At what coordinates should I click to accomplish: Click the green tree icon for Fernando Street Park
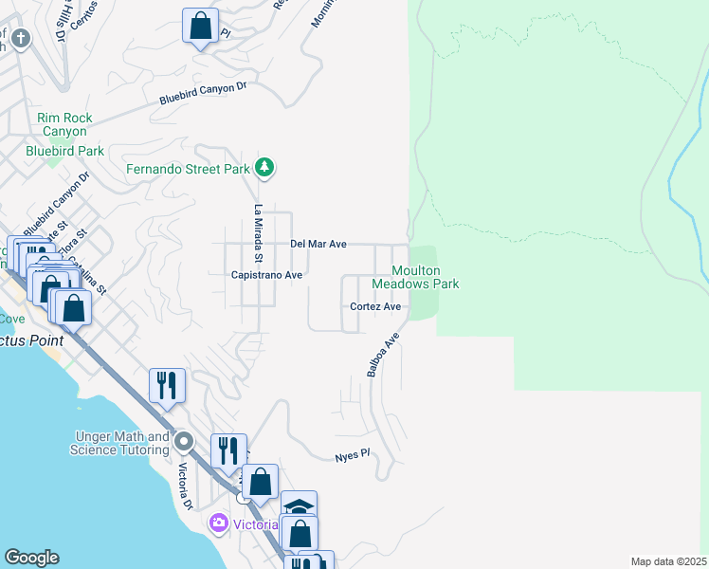pyautogui.click(x=265, y=169)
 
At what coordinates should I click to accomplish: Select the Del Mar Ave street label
pyautogui.click(x=318, y=244)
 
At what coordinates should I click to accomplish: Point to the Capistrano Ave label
pyautogui.click(x=266, y=275)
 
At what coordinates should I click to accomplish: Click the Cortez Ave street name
pyautogui.click(x=375, y=306)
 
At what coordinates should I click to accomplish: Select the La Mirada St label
pyautogui.click(x=257, y=232)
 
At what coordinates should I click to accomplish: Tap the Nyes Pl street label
pyautogui.click(x=351, y=457)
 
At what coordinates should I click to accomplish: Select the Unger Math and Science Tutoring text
pyautogui.click(x=119, y=443)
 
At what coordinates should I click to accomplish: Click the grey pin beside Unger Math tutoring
pyautogui.click(x=184, y=442)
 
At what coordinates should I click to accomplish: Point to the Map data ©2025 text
pyautogui.click(x=668, y=561)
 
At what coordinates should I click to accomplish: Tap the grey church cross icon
pyautogui.click(x=21, y=39)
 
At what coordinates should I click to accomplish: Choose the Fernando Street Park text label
pyautogui.click(x=189, y=170)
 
